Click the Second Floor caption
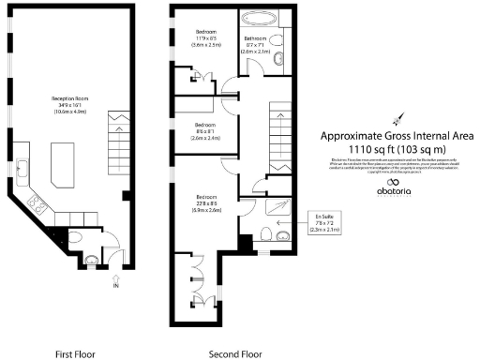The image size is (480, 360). [x=235, y=354]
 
